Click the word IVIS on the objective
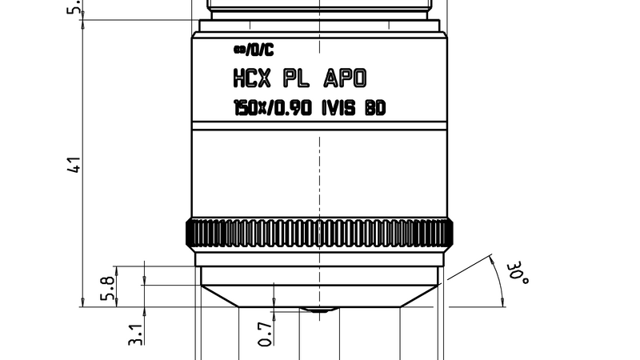(x=338, y=107)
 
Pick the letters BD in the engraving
(x=374, y=107)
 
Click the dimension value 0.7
(x=265, y=331)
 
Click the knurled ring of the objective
(x=320, y=233)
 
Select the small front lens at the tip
(x=320, y=308)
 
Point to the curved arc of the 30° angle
(x=500, y=280)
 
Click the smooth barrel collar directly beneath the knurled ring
(x=320, y=258)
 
